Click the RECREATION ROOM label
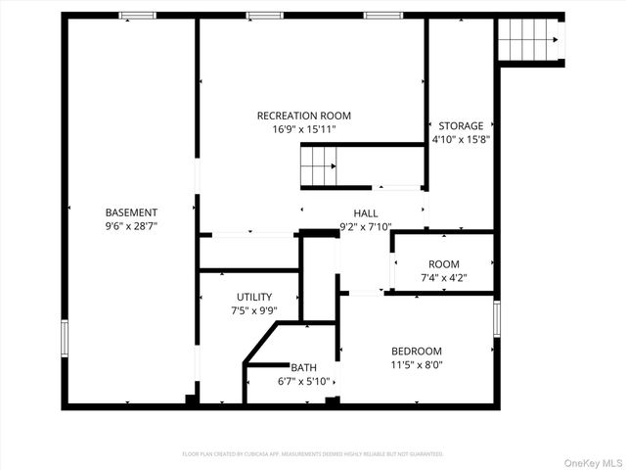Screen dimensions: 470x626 tap(303, 116)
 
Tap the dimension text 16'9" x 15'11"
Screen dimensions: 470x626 tap(303, 129)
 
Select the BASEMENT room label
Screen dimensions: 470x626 tap(131, 212)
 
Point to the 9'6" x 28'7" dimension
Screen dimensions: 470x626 tap(131, 226)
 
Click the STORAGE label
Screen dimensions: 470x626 tap(461, 126)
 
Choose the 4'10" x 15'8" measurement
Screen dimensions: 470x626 tap(461, 140)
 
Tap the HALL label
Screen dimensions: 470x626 tap(366, 213)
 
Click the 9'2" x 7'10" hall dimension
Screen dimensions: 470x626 tap(366, 227)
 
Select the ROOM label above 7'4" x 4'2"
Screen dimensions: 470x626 tap(443, 264)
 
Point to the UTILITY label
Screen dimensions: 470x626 tap(254, 297)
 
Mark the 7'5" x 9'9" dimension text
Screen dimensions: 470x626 tap(254, 310)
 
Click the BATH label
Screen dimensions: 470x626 tap(303, 368)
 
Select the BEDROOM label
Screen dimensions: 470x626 tap(417, 352)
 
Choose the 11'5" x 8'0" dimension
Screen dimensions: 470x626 tap(417, 365)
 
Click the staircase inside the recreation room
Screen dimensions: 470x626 tap(319, 165)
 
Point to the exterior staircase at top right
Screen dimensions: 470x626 tap(529, 40)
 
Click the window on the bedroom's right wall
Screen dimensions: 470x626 tap(497, 318)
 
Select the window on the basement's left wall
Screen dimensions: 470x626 tap(65, 339)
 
